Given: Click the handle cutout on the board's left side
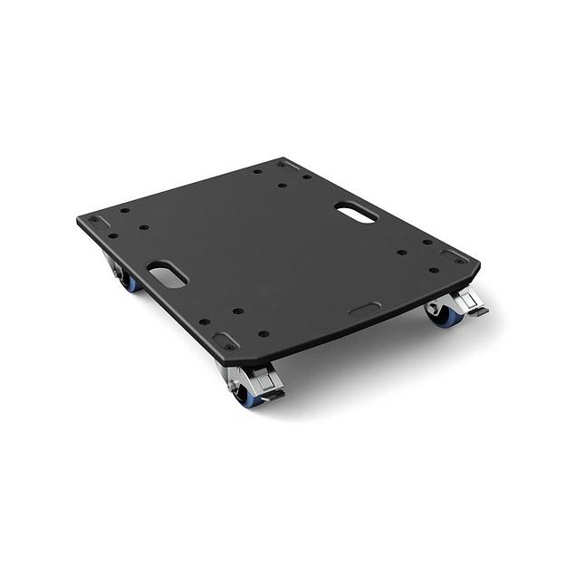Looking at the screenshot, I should pos(168,274).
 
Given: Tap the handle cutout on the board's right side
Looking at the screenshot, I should pos(355,213).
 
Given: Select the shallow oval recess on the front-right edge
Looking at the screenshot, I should pos(365,309).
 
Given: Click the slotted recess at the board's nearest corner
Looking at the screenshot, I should pos(224,341).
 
